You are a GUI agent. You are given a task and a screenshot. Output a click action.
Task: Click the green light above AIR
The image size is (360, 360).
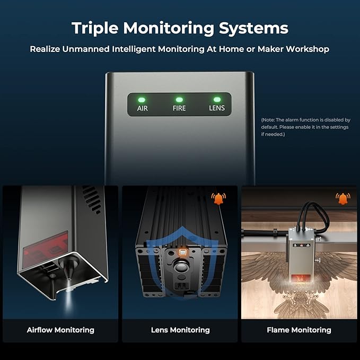(142, 99)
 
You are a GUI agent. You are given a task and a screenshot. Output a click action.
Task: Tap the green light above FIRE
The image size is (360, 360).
(179, 99)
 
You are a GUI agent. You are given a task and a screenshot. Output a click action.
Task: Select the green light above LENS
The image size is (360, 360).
(216, 99)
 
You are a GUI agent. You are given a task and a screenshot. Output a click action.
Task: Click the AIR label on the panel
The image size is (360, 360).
(142, 108)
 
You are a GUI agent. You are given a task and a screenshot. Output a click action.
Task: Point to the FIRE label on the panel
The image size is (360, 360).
(179, 108)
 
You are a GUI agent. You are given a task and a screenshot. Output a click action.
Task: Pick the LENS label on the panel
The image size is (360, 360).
(216, 108)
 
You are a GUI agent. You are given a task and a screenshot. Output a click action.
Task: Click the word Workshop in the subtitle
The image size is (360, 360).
(308, 49)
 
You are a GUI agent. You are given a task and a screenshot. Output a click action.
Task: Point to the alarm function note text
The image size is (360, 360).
(305, 127)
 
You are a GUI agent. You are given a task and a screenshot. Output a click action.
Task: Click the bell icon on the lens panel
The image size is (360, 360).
(218, 199)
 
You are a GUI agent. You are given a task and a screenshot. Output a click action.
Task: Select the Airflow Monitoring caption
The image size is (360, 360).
(60, 330)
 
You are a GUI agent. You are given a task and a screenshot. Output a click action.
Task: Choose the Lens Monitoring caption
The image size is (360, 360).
(180, 330)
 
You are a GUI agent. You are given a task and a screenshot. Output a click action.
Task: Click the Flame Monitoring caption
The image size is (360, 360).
(299, 330)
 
